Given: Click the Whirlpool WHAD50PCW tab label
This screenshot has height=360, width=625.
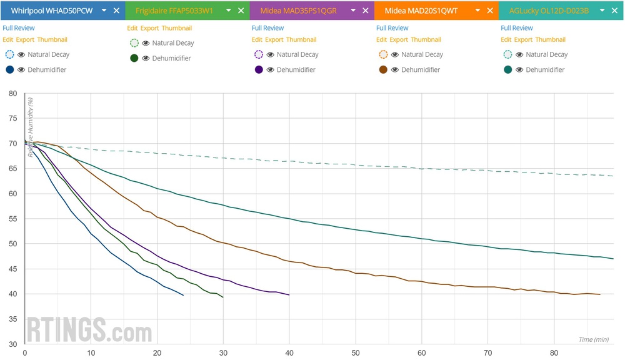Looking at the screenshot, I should pyautogui.click(x=52, y=11).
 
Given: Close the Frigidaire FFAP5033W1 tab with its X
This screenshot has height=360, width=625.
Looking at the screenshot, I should pyautogui.click(x=241, y=11).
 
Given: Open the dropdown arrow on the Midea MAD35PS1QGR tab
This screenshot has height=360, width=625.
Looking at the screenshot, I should pyautogui.click(x=352, y=11).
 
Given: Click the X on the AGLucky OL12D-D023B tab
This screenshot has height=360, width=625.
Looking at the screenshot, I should pyautogui.click(x=614, y=11).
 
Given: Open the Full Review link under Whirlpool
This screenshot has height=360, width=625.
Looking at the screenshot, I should pyautogui.click(x=19, y=28).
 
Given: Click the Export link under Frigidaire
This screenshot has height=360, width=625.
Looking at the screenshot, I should pyautogui.click(x=149, y=28).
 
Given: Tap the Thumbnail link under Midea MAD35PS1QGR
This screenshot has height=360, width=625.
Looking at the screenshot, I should pyautogui.click(x=301, y=39).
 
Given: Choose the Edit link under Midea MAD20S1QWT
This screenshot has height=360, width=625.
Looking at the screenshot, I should pyautogui.click(x=382, y=39).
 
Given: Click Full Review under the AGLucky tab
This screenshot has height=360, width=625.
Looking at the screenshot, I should pyautogui.click(x=517, y=28).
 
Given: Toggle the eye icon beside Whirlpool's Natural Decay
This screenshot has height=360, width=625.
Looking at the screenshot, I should pyautogui.click(x=21, y=54).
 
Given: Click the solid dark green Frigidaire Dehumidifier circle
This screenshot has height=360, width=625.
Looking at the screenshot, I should pyautogui.click(x=134, y=58).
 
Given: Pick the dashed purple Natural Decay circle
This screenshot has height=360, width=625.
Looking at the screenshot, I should pyautogui.click(x=259, y=54).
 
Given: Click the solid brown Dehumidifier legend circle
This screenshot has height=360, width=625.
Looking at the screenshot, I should pyautogui.click(x=383, y=69).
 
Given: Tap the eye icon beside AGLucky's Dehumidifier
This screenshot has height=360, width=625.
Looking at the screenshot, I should pyautogui.click(x=520, y=69).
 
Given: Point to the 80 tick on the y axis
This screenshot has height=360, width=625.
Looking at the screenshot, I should pyautogui.click(x=12, y=94).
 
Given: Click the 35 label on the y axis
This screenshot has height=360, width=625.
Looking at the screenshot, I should pyautogui.click(x=12, y=319).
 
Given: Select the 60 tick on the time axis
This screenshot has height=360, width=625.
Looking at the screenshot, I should pyautogui.click(x=422, y=352).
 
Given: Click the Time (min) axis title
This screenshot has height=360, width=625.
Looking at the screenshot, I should pyautogui.click(x=593, y=339).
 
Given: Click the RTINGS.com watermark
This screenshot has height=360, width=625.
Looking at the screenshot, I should pyautogui.click(x=89, y=329).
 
